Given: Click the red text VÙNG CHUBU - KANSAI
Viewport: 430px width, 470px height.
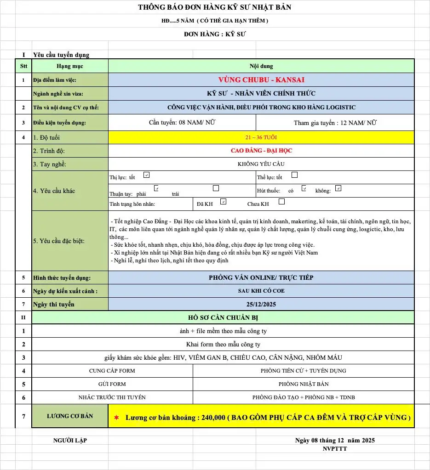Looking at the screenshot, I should click(261, 80).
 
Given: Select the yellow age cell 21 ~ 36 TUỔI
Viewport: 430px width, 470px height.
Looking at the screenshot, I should click(261, 137).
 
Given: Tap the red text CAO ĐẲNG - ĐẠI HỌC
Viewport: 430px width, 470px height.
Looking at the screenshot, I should click(261, 151).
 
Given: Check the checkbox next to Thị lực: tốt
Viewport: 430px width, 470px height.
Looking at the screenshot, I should click(146, 175).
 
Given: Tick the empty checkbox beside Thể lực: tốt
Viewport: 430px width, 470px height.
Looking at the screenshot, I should click(295, 175).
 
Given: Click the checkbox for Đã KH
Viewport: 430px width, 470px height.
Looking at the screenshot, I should click(224, 201).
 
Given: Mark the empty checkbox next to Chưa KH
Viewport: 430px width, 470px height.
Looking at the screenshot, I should click(281, 201).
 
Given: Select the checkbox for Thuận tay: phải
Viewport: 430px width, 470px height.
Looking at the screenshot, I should click(156, 188).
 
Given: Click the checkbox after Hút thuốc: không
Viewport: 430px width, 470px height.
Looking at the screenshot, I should click(338, 188).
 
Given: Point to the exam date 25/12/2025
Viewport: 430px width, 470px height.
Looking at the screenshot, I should click(261, 304).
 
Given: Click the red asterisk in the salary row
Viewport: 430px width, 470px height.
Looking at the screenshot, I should click(116, 418).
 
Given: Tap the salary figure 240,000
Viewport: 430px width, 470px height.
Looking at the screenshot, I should click(213, 418).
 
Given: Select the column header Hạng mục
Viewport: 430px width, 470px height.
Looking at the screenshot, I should click(70, 66).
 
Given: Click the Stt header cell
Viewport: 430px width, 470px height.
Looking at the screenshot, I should click(23, 66).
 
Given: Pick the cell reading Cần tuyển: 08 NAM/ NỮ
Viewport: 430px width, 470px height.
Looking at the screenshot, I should click(182, 123).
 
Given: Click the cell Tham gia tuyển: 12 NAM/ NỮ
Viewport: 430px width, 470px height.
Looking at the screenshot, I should click(335, 123).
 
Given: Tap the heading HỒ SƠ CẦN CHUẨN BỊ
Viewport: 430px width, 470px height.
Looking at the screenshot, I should click(223, 317).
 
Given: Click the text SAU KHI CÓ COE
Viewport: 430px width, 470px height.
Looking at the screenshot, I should click(261, 291).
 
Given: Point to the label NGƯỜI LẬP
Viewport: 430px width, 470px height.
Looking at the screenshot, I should click(70, 440).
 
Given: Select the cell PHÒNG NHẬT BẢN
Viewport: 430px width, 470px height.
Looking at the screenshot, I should click(304, 384).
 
